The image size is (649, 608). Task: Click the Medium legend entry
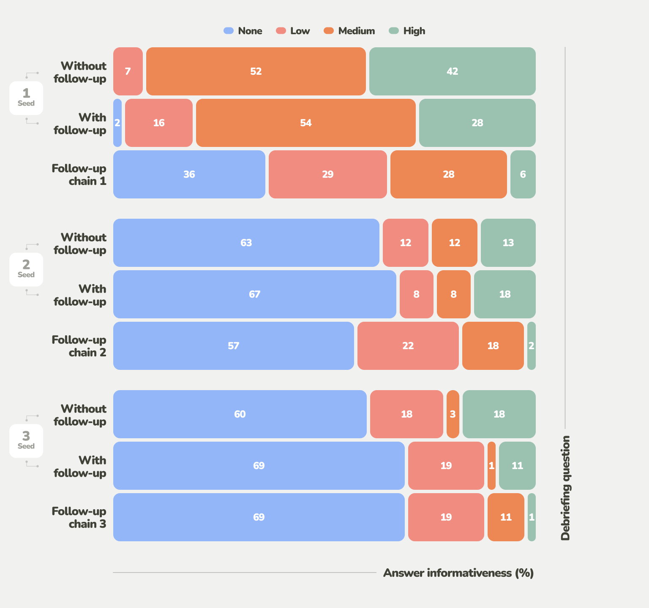click(349, 31)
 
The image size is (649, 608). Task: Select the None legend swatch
click(229, 31)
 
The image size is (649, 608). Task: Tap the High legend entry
click(407, 31)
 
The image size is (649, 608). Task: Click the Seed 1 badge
click(26, 98)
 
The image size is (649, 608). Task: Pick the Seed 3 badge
click(26, 441)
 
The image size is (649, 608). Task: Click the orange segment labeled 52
click(256, 71)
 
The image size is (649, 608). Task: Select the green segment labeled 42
click(452, 71)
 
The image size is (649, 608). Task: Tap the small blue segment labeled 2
click(117, 123)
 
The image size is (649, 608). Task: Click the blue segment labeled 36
click(189, 174)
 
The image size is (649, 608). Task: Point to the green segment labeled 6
click(523, 174)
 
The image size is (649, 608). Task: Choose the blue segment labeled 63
click(246, 243)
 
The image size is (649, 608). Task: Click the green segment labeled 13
click(508, 243)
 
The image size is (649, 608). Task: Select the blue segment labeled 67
click(254, 294)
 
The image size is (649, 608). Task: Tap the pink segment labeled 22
click(408, 346)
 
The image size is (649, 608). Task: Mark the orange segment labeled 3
click(453, 414)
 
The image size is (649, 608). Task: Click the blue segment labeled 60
click(240, 414)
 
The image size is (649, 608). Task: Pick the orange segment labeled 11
click(506, 517)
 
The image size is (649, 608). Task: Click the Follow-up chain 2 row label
click(79, 346)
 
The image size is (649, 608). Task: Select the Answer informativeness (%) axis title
click(458, 573)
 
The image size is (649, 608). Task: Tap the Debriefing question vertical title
click(565, 488)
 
